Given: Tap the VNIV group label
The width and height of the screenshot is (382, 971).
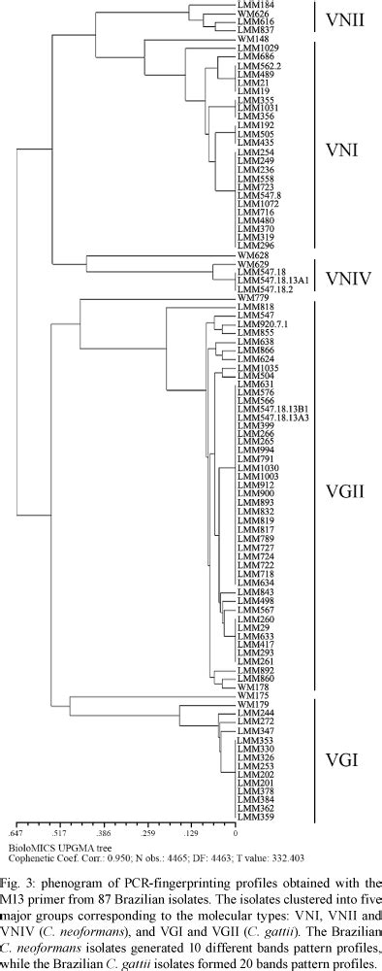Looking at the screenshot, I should point(346,278).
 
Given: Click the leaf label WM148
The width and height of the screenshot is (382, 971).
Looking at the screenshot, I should point(251,39).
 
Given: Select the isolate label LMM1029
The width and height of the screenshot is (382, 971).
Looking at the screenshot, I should point(256,48).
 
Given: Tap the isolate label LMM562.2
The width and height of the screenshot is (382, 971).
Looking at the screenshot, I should point(259,65).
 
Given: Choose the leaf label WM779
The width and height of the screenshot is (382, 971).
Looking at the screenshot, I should point(251,297).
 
